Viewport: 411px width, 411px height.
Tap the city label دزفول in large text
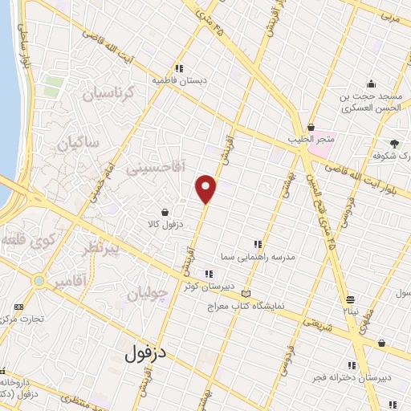click(x=150, y=351)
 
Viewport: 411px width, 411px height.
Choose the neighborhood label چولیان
click(x=150, y=294)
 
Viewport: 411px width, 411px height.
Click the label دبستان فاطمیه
click(x=180, y=80)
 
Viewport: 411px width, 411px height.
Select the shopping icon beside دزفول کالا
click(x=165, y=213)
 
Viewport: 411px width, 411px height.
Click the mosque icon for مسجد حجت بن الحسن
click(x=370, y=83)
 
